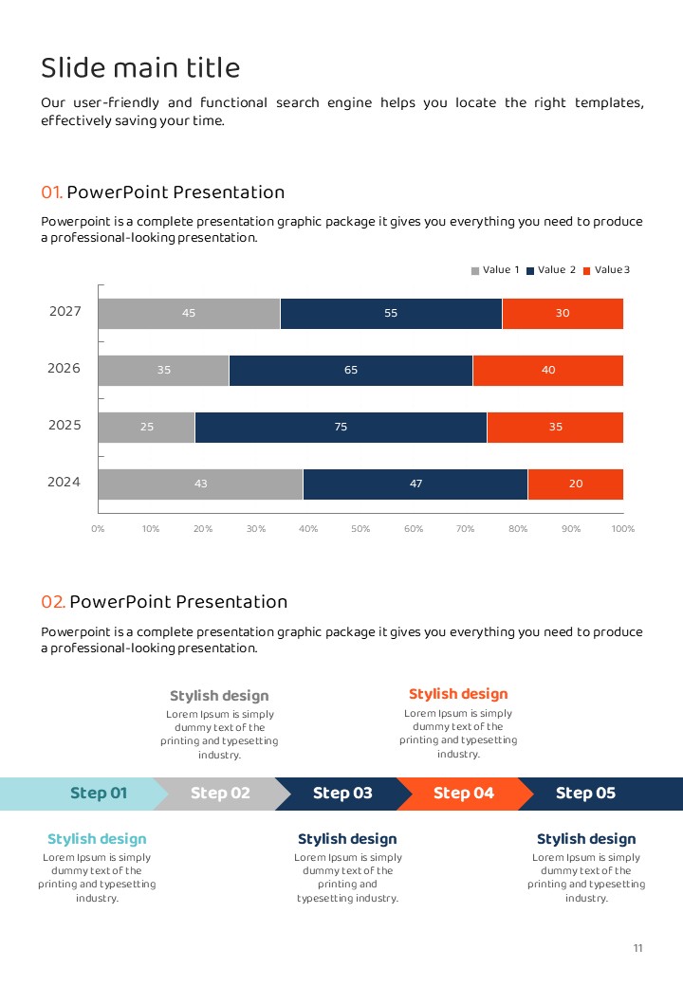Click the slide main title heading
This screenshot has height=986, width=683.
(x=140, y=68)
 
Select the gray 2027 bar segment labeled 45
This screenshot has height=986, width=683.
(x=189, y=313)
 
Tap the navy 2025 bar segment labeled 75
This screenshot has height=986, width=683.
(x=341, y=427)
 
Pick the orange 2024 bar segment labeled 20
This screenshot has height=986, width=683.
(x=576, y=484)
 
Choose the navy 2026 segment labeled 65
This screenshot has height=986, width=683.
(x=351, y=370)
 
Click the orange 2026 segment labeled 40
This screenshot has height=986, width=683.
(x=548, y=370)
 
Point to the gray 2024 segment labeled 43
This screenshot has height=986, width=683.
(x=200, y=484)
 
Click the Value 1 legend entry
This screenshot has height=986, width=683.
(x=496, y=270)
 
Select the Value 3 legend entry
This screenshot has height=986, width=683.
(x=606, y=270)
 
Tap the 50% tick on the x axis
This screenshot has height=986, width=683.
(x=360, y=529)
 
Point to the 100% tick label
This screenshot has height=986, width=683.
(x=623, y=529)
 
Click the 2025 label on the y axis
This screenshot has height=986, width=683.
(x=65, y=426)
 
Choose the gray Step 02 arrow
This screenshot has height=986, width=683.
(x=220, y=794)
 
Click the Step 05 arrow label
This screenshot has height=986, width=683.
(x=585, y=794)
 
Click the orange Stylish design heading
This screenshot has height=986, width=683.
(x=458, y=694)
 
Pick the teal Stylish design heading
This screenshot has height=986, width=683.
(x=97, y=839)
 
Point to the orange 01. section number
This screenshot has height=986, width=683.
(x=52, y=192)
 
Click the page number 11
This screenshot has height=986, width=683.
(x=638, y=948)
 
